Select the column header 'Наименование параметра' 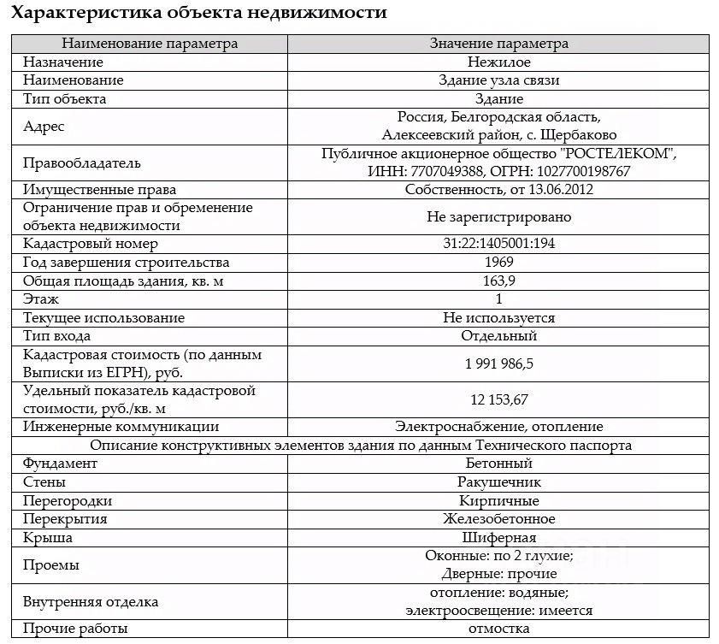150,44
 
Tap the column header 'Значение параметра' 498,44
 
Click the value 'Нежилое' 498,62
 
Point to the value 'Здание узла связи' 498,80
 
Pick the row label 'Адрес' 44,126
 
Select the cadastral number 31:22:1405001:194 498,244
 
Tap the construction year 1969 498,263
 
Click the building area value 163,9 498,281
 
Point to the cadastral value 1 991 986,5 498,363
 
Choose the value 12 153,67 498,399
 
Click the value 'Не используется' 498,318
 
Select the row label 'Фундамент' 61,464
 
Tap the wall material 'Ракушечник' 498,482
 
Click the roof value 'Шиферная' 498,538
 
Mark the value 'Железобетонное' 498,519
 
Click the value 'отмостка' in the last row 498,629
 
